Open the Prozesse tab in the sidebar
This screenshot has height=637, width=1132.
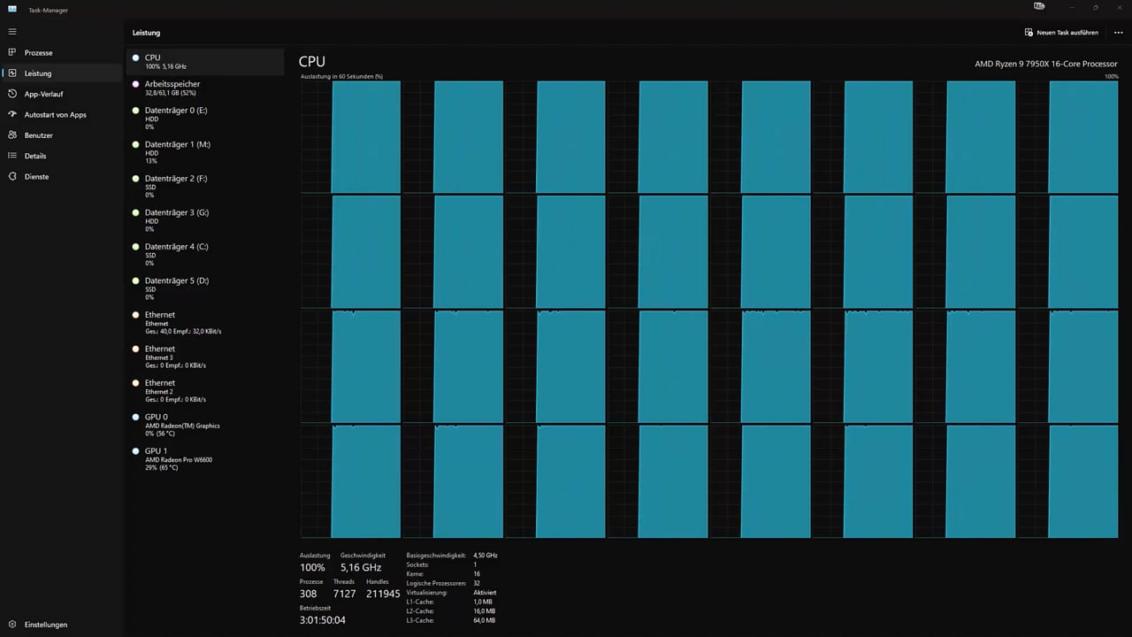(38, 52)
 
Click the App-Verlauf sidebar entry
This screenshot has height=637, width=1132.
(43, 94)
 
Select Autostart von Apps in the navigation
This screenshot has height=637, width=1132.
(55, 115)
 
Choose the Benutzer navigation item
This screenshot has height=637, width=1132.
(38, 135)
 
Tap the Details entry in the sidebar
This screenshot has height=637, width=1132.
(34, 156)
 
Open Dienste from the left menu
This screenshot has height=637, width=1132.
(36, 176)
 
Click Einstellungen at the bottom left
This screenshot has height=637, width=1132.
(45, 625)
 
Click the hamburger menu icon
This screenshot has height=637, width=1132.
(12, 31)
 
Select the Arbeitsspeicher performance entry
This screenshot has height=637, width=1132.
(172, 88)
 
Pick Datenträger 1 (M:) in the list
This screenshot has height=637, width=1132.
(177, 151)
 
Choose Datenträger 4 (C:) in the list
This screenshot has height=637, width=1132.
(176, 254)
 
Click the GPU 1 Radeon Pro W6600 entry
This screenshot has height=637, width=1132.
(178, 458)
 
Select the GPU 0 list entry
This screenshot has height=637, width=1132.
(182, 425)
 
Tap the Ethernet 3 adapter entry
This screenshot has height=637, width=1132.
(175, 357)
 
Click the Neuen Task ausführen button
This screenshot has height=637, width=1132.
(1061, 33)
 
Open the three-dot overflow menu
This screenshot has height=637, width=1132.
(1119, 33)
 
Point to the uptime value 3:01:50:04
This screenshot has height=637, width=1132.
(323, 620)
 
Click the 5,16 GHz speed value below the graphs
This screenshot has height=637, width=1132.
(360, 567)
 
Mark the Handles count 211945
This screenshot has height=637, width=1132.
(383, 594)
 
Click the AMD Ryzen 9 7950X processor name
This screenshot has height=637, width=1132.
(1045, 64)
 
